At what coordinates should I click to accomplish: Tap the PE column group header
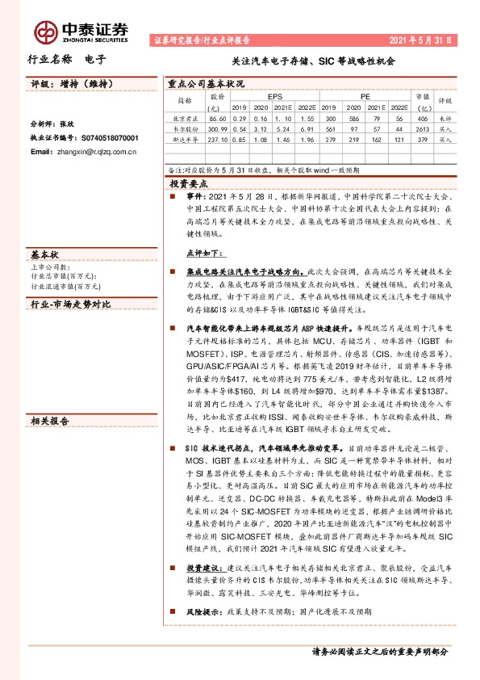tap(365, 95)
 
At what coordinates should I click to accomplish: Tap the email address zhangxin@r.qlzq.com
tap(90, 151)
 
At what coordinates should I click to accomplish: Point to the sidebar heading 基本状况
tap(44, 252)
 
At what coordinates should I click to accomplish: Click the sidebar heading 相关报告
tap(49, 397)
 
